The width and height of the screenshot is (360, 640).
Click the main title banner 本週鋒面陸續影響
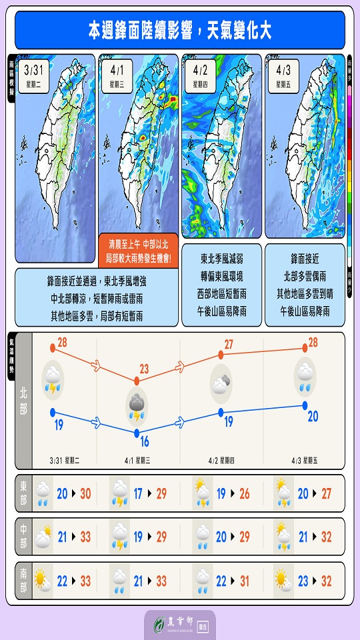(180, 30)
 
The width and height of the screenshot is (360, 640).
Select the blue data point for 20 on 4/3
(305, 405)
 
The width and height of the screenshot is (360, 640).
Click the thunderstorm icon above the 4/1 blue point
(137, 407)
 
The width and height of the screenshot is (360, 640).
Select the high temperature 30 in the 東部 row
(85, 493)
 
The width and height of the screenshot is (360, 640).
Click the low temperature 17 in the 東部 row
(138, 493)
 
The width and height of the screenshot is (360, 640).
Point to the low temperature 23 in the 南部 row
(303, 581)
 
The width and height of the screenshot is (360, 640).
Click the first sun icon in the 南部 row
(43, 581)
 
